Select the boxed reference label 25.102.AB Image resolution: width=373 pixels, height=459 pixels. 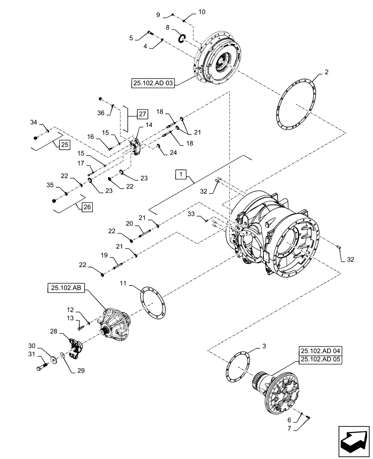[65, 288]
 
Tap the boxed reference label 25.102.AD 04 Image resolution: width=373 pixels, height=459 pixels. [322, 350]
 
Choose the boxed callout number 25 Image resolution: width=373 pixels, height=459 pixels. [64, 145]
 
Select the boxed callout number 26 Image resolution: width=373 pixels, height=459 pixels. [87, 207]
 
